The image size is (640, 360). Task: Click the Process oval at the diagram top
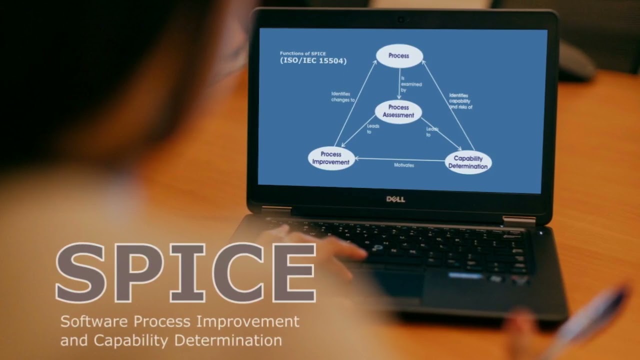(399, 56)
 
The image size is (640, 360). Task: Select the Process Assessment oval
(398, 111)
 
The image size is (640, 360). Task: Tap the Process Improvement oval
(331, 158)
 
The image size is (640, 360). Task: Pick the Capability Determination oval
(468, 162)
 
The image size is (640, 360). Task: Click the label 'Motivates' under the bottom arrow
(404, 165)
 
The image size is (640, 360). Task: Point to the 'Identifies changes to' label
(342, 96)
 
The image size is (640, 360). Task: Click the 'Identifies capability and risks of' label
(460, 101)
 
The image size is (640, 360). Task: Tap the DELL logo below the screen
(395, 199)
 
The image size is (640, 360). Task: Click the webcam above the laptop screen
(400, 19)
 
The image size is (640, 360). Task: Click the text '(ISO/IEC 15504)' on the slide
(313, 61)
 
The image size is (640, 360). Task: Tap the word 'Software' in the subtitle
(90, 321)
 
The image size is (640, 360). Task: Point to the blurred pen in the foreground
(590, 320)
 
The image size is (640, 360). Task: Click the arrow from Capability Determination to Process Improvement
(400, 159)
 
